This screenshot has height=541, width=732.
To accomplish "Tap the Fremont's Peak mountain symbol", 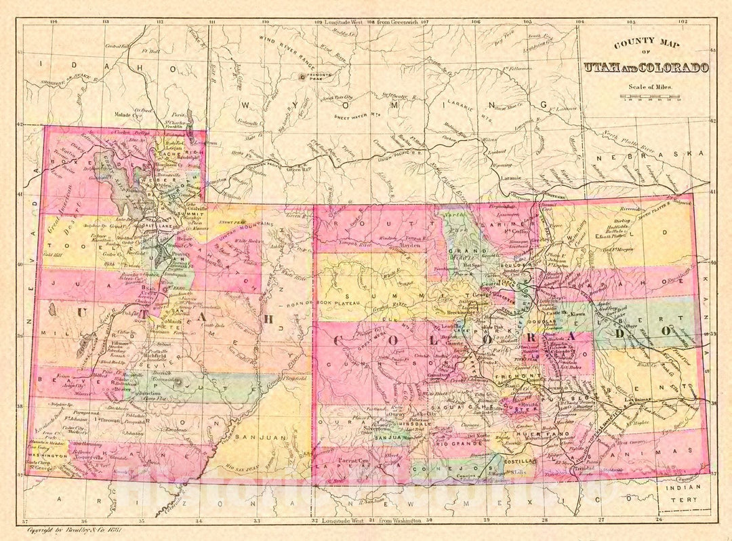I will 302,77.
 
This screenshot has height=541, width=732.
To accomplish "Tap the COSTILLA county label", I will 519,460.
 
